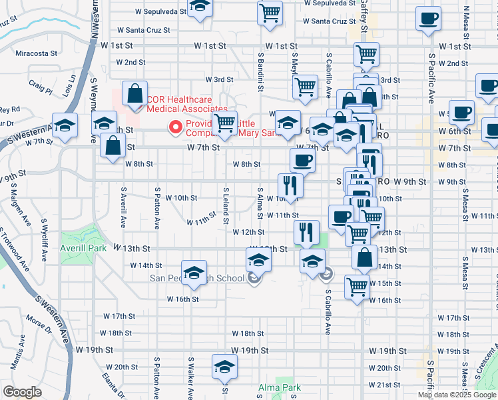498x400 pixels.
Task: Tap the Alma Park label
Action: (280, 387)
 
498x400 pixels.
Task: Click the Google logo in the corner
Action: (23, 392)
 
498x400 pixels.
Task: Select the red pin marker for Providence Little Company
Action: (176, 125)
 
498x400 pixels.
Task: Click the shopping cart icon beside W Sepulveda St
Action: (270, 12)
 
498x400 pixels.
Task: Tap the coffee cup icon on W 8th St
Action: (302, 160)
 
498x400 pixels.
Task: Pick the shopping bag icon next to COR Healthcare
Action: (135, 94)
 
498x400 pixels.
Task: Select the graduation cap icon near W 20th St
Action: (225, 367)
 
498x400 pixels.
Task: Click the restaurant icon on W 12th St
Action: (306, 231)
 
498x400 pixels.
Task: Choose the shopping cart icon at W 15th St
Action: (357, 287)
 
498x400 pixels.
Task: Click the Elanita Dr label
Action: (115, 383)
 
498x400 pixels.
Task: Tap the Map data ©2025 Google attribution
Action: (457, 395)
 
